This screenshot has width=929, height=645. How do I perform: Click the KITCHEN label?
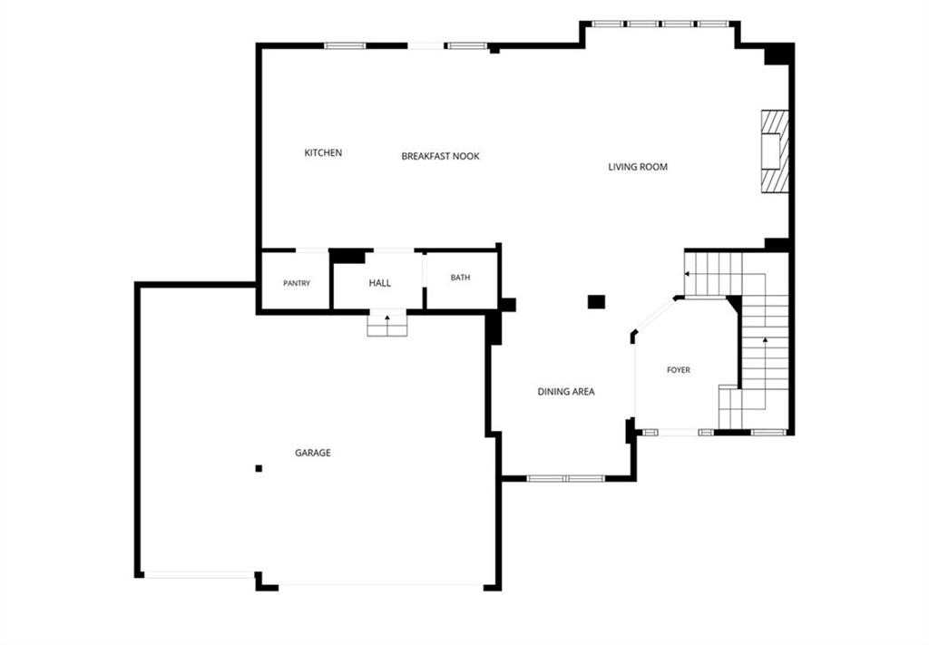point(323,152)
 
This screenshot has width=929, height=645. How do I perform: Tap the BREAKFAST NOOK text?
point(440,156)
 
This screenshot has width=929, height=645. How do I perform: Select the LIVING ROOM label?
point(638,167)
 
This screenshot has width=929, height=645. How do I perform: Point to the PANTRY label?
point(297,284)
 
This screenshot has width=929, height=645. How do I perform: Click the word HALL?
point(380,283)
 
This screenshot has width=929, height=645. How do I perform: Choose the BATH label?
point(460,278)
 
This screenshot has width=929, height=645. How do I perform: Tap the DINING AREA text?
point(566,392)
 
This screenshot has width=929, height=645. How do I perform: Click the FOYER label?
point(679,369)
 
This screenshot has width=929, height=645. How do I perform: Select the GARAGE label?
point(313,453)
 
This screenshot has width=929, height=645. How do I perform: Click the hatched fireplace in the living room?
point(775,151)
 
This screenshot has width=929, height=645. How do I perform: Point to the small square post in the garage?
point(259,468)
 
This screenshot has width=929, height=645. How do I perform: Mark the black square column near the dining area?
point(596,301)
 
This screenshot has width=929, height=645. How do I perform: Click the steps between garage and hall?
point(387,325)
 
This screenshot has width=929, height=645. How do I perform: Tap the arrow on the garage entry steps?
point(387,321)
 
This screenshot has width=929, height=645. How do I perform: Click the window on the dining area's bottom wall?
point(566,479)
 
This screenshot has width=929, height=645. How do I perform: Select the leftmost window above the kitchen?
point(346,45)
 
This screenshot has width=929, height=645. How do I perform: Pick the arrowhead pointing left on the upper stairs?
point(688,274)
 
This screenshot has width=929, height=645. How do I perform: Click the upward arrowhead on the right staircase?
point(765,340)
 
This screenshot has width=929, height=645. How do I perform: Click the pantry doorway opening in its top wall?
point(312,250)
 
